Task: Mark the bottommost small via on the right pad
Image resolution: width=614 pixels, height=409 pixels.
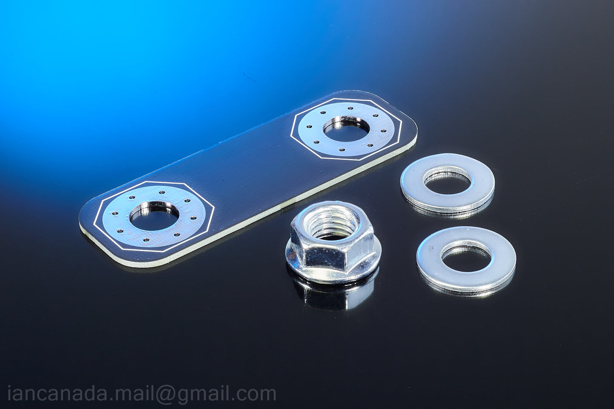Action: pos(343,149)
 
